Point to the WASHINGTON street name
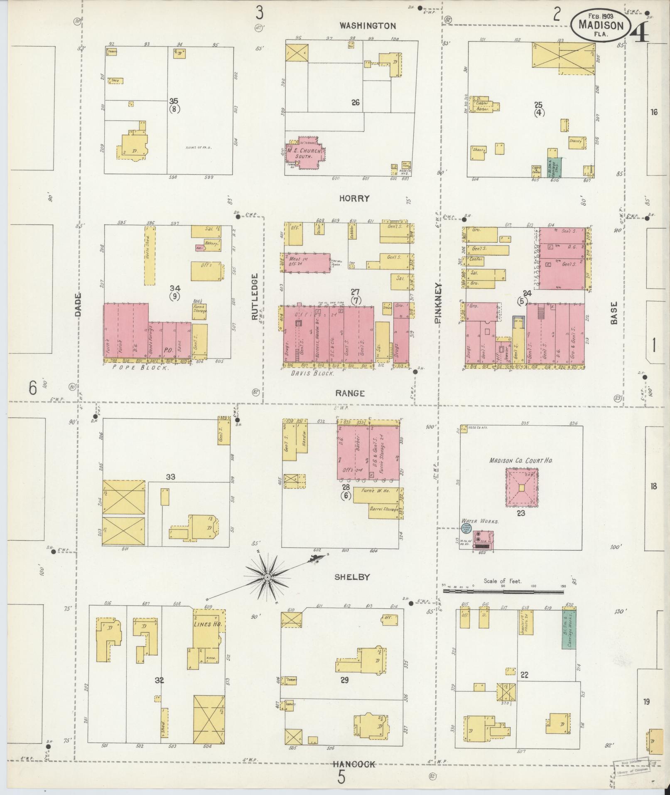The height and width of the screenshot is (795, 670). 368,26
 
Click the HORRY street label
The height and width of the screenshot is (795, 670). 354,198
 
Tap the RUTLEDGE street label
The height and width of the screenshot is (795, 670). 254,296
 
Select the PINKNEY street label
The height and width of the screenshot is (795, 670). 439,303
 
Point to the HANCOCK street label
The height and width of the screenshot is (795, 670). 354,764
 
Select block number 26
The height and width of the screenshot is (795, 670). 355,102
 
